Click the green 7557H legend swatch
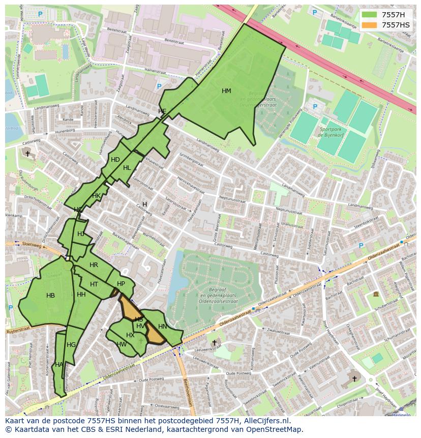370,15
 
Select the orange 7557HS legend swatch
370,25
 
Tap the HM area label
226,91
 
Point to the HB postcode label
50,296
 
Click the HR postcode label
94,265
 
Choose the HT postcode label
94,284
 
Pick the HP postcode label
121,284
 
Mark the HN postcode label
162,327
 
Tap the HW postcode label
122,344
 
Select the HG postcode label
71,345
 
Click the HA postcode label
59,365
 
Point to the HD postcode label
115,160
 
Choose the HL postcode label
127,168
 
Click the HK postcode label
96,196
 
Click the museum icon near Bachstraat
376,294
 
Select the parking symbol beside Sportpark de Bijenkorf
315,107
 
